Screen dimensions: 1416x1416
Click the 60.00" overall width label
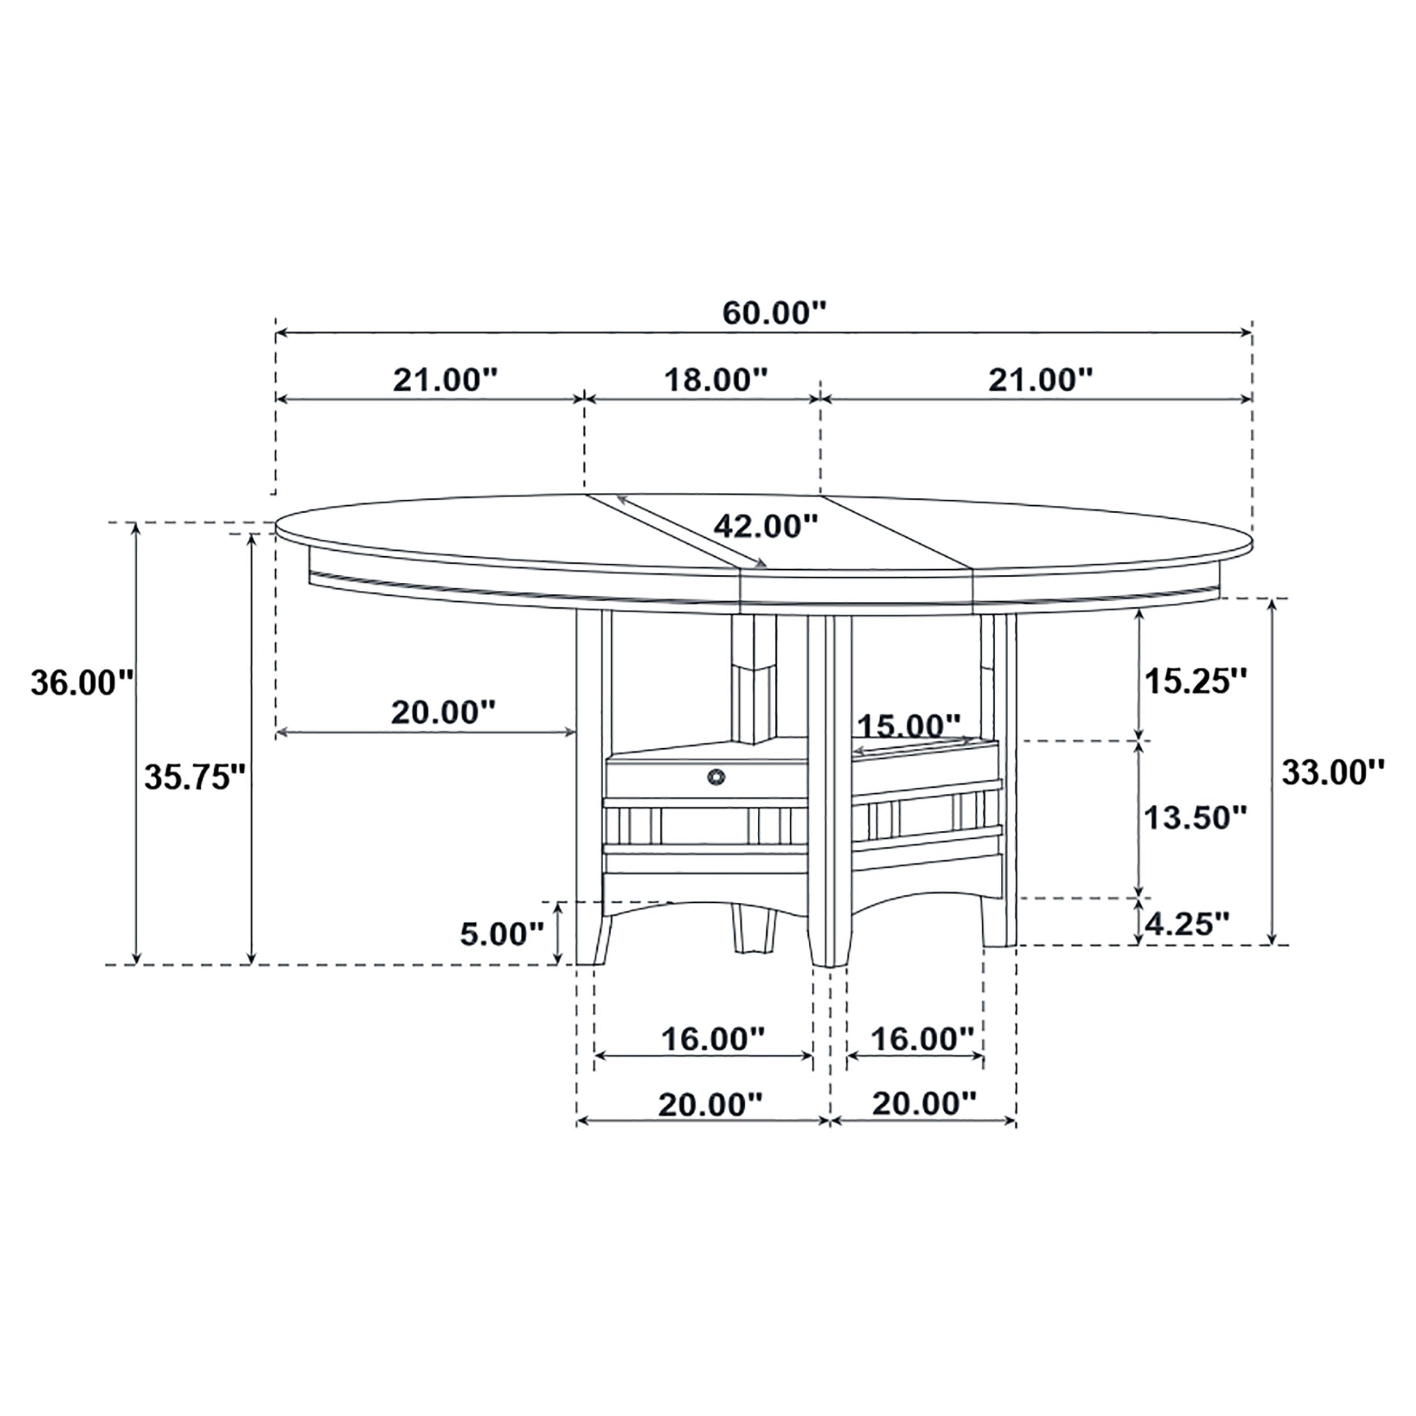click(x=774, y=314)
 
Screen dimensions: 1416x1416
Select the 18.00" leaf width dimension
click(x=715, y=381)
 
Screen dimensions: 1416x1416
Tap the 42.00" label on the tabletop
click(x=765, y=526)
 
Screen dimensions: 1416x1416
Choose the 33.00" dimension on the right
click(x=1332, y=772)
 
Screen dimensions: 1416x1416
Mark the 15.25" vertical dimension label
click(x=1196, y=681)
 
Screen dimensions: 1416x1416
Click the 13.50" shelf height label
click(x=1196, y=817)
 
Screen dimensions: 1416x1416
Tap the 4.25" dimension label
click(x=1187, y=924)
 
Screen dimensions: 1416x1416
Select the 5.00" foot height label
click(x=502, y=934)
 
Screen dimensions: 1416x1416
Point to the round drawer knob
click(x=715, y=776)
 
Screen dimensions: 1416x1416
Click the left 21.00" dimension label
click(x=445, y=381)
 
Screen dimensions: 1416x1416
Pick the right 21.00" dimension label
click(x=1040, y=381)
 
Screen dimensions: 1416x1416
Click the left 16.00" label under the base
click(x=713, y=1039)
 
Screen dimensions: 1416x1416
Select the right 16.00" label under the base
click(x=922, y=1039)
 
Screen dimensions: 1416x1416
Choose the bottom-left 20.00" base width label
click(x=710, y=1104)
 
